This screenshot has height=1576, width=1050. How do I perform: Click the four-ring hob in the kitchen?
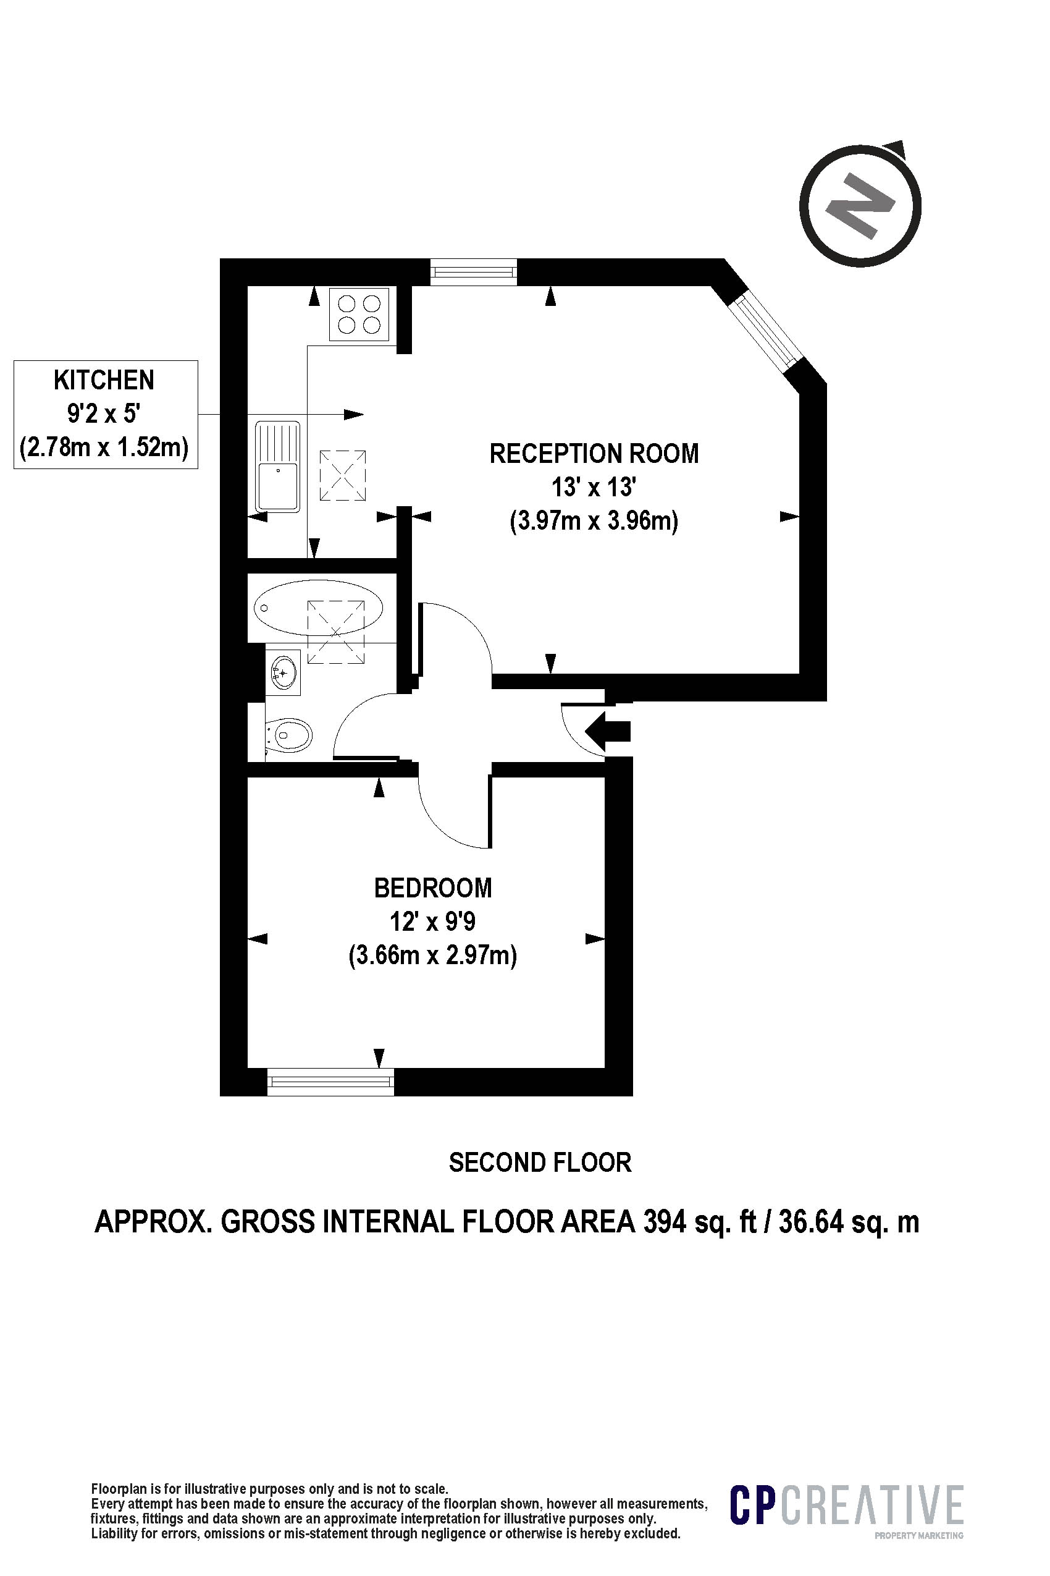359,313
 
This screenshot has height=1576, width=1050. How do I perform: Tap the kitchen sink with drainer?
277,467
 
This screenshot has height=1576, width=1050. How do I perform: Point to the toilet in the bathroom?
289,735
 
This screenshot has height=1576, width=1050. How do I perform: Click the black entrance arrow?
608,731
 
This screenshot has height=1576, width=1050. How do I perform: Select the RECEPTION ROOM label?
594,454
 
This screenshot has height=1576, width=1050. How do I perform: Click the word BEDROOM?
432,888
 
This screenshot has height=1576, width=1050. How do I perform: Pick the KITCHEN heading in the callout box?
104,380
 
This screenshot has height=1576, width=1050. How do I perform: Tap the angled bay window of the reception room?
765,329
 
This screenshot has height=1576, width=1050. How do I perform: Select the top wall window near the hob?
474,272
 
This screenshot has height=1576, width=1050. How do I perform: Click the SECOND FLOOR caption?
540,1163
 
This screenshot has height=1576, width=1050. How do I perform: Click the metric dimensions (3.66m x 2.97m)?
432,955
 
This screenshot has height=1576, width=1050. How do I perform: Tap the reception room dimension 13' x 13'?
594,487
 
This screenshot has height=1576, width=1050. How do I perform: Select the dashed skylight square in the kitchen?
343,476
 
